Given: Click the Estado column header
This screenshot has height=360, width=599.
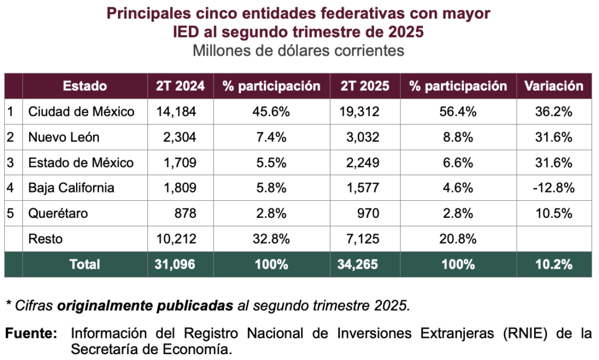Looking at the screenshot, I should (85, 86).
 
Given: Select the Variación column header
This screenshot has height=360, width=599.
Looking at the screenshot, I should (553, 86).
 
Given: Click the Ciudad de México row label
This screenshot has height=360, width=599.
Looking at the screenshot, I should (81, 111).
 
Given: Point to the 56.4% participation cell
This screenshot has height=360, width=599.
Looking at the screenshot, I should (458, 111).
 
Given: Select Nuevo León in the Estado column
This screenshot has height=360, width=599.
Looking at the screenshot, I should (64, 137).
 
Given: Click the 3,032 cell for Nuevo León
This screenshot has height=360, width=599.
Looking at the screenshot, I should (364, 137).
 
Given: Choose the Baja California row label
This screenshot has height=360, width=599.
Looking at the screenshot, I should (71, 188).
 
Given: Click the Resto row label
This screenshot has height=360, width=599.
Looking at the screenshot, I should (45, 239).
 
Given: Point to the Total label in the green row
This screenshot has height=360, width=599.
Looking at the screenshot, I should (85, 264).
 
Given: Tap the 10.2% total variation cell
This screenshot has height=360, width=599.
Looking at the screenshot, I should (553, 264).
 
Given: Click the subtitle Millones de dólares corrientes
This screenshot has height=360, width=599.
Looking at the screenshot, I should (298, 50).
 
